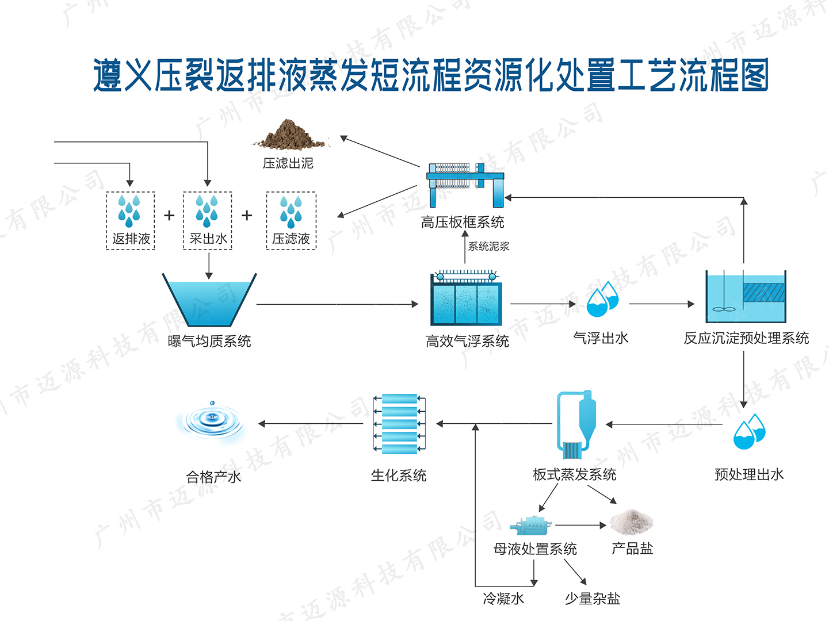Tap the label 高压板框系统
[x=463, y=223]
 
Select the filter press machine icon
[x=465, y=183]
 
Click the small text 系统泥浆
[x=488, y=247]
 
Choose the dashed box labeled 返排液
[x=131, y=221]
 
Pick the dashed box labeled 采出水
[x=208, y=221]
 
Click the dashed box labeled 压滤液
[x=291, y=221]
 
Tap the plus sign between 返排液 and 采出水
[x=169, y=216]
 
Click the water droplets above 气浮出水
[x=602, y=300]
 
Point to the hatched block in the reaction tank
[x=763, y=292]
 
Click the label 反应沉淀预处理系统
[x=746, y=338]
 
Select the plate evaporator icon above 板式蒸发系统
[x=575, y=424]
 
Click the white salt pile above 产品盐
[x=632, y=522]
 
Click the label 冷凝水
[x=503, y=599]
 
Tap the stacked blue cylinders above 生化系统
[x=400, y=424]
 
